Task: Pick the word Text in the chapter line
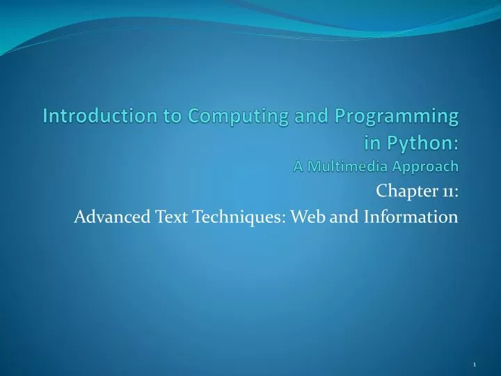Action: coord(170,217)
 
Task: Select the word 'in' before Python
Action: coord(373,143)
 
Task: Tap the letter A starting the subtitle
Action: coord(298,166)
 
